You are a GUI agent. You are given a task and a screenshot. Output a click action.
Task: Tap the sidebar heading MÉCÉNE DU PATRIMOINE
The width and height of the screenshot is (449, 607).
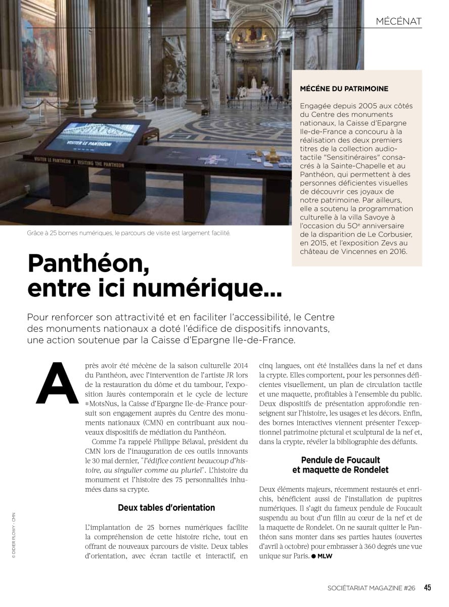point(344,89)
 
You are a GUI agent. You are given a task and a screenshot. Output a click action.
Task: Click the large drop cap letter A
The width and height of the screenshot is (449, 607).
point(57,383)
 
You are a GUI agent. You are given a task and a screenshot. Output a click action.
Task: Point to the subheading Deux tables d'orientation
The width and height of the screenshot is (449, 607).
point(166,507)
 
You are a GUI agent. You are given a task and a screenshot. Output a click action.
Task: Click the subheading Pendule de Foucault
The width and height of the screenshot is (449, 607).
point(340,460)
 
